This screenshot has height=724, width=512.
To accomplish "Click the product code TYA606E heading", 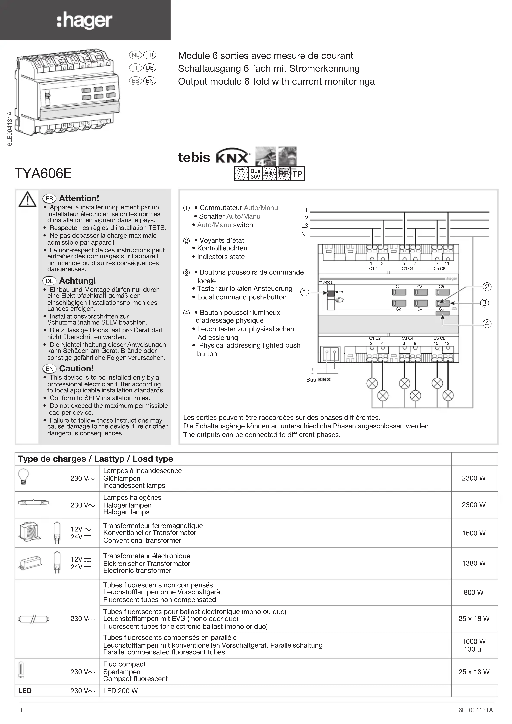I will [x=43, y=173].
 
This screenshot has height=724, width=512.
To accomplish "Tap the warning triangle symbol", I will [x=27, y=199].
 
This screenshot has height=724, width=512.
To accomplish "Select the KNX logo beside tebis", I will [x=233, y=157].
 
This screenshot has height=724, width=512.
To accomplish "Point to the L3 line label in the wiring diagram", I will [x=304, y=226].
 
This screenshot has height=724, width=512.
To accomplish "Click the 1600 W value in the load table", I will [x=473, y=533].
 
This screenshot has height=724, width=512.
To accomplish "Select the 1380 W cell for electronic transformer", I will [x=473, y=563].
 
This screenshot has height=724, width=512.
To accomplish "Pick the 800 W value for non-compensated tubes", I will [x=473, y=593].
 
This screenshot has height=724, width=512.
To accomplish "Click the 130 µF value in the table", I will [x=473, y=649].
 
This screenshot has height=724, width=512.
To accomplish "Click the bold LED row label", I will [x=25, y=691].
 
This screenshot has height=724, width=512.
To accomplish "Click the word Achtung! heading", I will [x=77, y=281].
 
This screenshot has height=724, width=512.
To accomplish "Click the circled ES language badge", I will [x=135, y=81].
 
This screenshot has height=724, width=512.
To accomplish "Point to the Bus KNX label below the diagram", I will [x=318, y=380].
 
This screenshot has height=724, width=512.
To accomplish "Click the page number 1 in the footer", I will [x=21, y=710].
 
